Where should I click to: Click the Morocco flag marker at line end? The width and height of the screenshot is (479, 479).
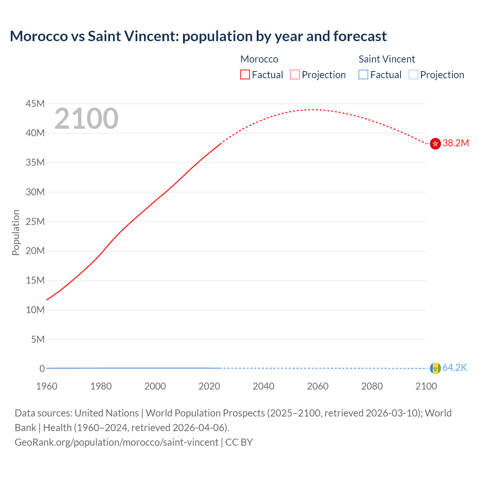435,143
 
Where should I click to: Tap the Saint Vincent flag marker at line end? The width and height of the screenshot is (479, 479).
435,368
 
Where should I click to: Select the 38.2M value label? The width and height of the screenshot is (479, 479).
455,143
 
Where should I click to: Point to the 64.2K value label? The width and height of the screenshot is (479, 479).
455,368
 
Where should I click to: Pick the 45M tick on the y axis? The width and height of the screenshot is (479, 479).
35,104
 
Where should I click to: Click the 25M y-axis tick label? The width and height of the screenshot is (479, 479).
35,222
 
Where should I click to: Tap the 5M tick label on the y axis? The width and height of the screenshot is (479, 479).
38,339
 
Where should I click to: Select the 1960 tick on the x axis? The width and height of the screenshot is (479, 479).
47,386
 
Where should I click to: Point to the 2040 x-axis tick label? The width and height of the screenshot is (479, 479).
263,386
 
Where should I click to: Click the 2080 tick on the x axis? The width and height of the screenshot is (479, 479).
372,386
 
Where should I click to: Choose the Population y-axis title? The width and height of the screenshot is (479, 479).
16,232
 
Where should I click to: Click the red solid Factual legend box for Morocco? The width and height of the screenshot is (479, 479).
245,75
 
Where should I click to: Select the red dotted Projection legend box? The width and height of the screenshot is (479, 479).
295,75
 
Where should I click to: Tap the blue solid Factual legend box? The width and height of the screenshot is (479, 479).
363,75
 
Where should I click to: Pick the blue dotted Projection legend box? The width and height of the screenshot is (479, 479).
414,75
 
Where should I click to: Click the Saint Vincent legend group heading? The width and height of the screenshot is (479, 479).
387,59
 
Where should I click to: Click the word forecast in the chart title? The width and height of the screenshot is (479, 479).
360,36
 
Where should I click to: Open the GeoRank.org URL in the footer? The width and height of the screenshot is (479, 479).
116,442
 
